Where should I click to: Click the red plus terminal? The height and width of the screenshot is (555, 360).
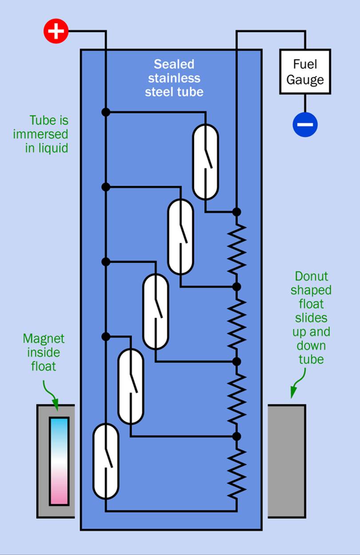pos(56,31)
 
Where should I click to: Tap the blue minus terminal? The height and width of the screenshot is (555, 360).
pos(305,124)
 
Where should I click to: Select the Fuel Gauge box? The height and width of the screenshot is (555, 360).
pos(305,71)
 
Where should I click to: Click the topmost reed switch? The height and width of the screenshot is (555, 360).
pos(206,162)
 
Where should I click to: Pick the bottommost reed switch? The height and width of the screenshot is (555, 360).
pos(106,461)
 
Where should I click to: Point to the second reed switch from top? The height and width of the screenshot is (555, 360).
pos(180,237)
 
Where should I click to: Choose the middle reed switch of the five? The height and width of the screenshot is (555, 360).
pos(155,311)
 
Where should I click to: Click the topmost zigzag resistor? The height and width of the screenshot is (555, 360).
pos(237,249)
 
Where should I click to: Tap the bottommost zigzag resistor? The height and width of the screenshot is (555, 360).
pos(237,472)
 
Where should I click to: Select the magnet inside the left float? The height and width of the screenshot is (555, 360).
pos(59,461)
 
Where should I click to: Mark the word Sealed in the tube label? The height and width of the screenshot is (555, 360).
pos(174,64)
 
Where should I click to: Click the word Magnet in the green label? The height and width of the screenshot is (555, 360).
pos(44,339)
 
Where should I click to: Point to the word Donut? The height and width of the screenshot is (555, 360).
pos(312,277)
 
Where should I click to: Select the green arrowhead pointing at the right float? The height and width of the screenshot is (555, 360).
pos(293,393)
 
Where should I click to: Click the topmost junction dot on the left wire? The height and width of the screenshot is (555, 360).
pos(106,112)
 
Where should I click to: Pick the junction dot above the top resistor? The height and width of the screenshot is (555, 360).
pos(237,212)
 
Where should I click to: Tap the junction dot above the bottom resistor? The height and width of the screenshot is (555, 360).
pos(237,436)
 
